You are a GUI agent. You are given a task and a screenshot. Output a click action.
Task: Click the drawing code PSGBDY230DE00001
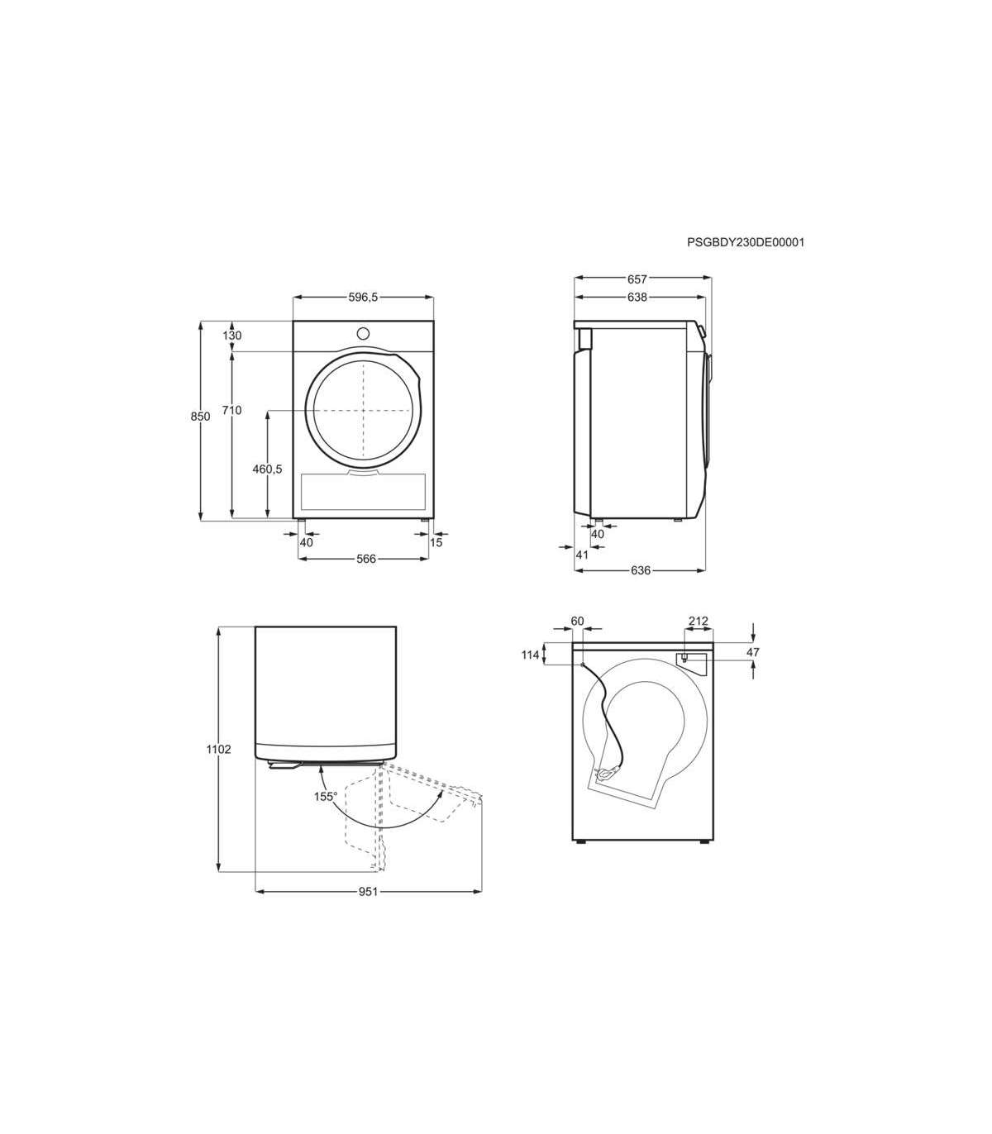[746, 242]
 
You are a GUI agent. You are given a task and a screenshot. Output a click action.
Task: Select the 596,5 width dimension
[363, 297]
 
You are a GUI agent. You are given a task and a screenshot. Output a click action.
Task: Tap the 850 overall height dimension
[201, 417]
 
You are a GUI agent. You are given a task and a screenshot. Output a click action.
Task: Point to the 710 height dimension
[231, 410]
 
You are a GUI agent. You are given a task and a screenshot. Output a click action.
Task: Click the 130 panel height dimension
[232, 336]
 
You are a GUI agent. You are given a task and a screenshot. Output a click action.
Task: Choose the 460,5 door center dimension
[267, 469]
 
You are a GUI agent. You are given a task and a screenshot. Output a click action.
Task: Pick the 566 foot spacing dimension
[365, 559]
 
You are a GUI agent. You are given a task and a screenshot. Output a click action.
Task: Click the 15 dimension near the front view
[436, 542]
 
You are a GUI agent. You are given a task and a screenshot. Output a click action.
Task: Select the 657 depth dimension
[637, 279]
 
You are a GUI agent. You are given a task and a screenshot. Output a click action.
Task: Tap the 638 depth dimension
[637, 297]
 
